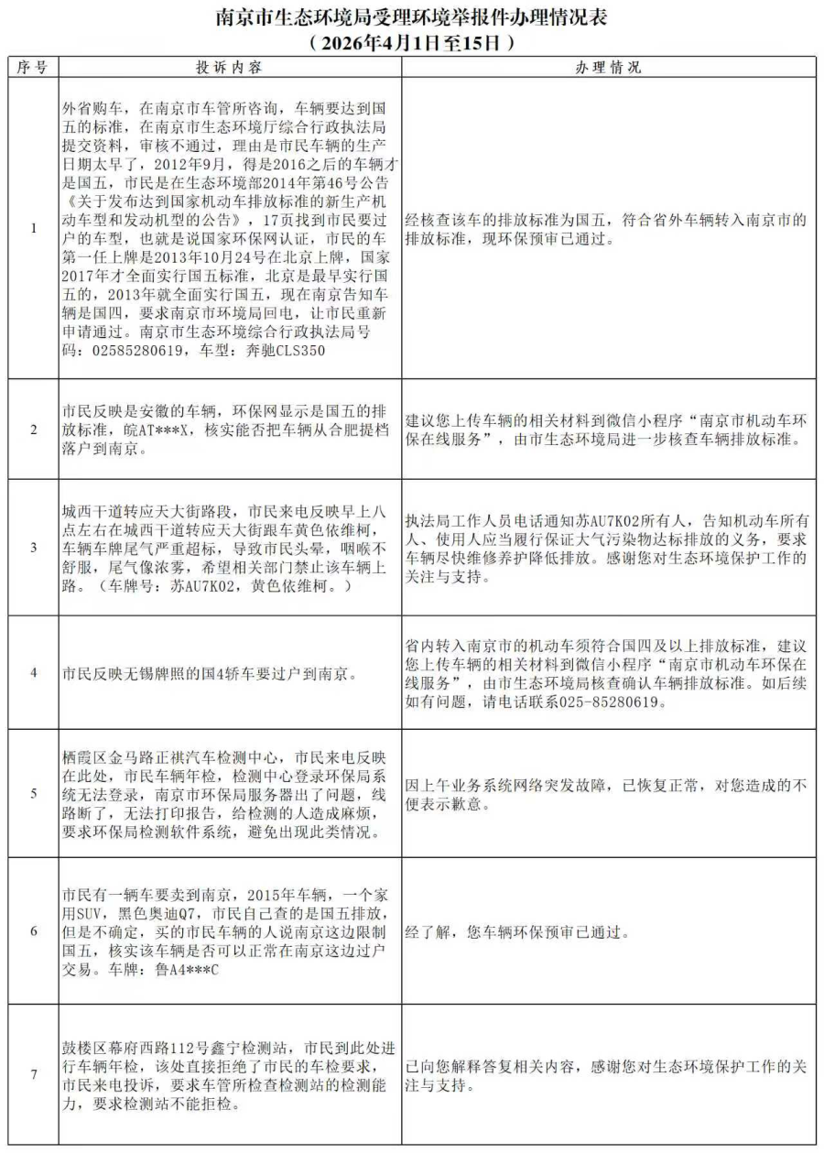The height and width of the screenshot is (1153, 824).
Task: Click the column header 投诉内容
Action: pos(229,68)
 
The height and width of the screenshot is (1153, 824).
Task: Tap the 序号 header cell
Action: pos(34,68)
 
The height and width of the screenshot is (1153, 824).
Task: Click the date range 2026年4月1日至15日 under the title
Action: pos(410,42)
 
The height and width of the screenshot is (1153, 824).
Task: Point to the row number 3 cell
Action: pos(34,547)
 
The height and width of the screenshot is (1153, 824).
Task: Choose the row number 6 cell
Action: pos(34,931)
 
